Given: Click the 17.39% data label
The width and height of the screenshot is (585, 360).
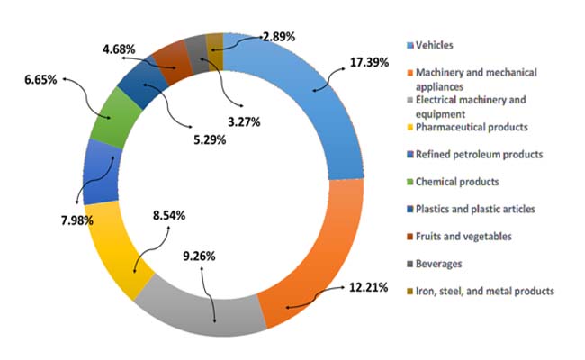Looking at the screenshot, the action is [369, 62].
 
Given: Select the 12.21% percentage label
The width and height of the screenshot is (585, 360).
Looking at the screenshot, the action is [369, 288].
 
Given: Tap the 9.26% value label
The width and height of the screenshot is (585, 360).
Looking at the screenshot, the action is [199, 256].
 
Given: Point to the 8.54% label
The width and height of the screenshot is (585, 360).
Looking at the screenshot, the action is [169, 216].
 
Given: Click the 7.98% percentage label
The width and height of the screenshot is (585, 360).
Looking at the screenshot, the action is [77, 220].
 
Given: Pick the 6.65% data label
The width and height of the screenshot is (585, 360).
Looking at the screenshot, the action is [41, 79].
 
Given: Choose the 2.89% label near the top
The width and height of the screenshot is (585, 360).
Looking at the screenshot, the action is [279, 37].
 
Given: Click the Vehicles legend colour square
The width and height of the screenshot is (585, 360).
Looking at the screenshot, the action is [410, 46].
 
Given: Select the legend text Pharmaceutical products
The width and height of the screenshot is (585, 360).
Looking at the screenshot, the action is [472, 127].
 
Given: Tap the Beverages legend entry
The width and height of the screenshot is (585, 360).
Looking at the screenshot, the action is [435, 264].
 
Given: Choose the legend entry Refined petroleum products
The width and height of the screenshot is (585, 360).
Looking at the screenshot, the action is [475, 155].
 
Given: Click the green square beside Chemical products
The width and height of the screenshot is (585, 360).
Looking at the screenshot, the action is [410, 183].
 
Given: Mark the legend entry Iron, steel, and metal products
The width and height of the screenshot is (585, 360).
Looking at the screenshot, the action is [481, 291].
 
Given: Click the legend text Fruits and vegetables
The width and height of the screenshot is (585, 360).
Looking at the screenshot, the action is [463, 237].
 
